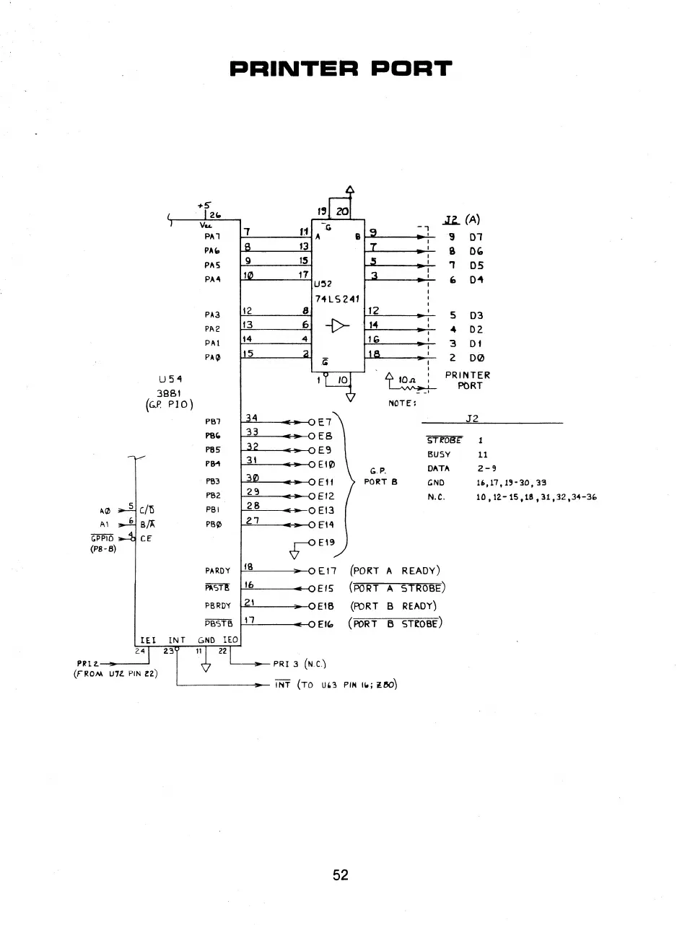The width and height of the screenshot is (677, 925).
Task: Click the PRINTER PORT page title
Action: (x=340, y=69)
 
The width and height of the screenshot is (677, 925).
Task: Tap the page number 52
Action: (x=341, y=874)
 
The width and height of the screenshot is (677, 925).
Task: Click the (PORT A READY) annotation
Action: (x=394, y=571)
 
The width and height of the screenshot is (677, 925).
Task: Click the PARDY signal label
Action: (x=217, y=571)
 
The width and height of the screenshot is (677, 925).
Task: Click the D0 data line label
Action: (x=476, y=358)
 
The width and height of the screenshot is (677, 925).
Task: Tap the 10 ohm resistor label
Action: (x=405, y=377)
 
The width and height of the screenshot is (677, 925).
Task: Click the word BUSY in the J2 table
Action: (x=439, y=455)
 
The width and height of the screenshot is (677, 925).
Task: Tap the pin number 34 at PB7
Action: (x=251, y=418)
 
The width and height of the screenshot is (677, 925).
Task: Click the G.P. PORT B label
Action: (x=381, y=477)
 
